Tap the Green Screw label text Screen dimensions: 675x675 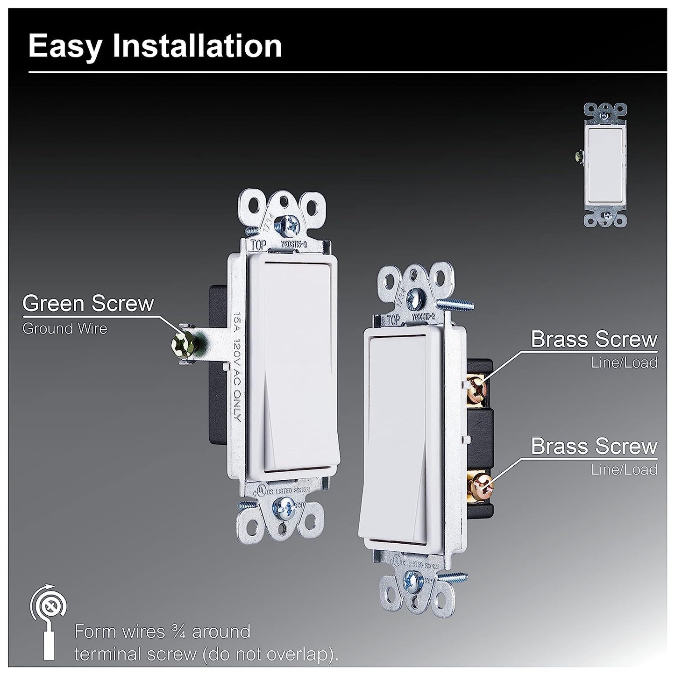88,304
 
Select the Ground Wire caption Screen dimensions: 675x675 65,329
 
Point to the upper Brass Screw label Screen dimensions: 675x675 594,340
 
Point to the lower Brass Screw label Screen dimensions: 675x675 594,447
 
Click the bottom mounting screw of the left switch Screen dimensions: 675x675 284,504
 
